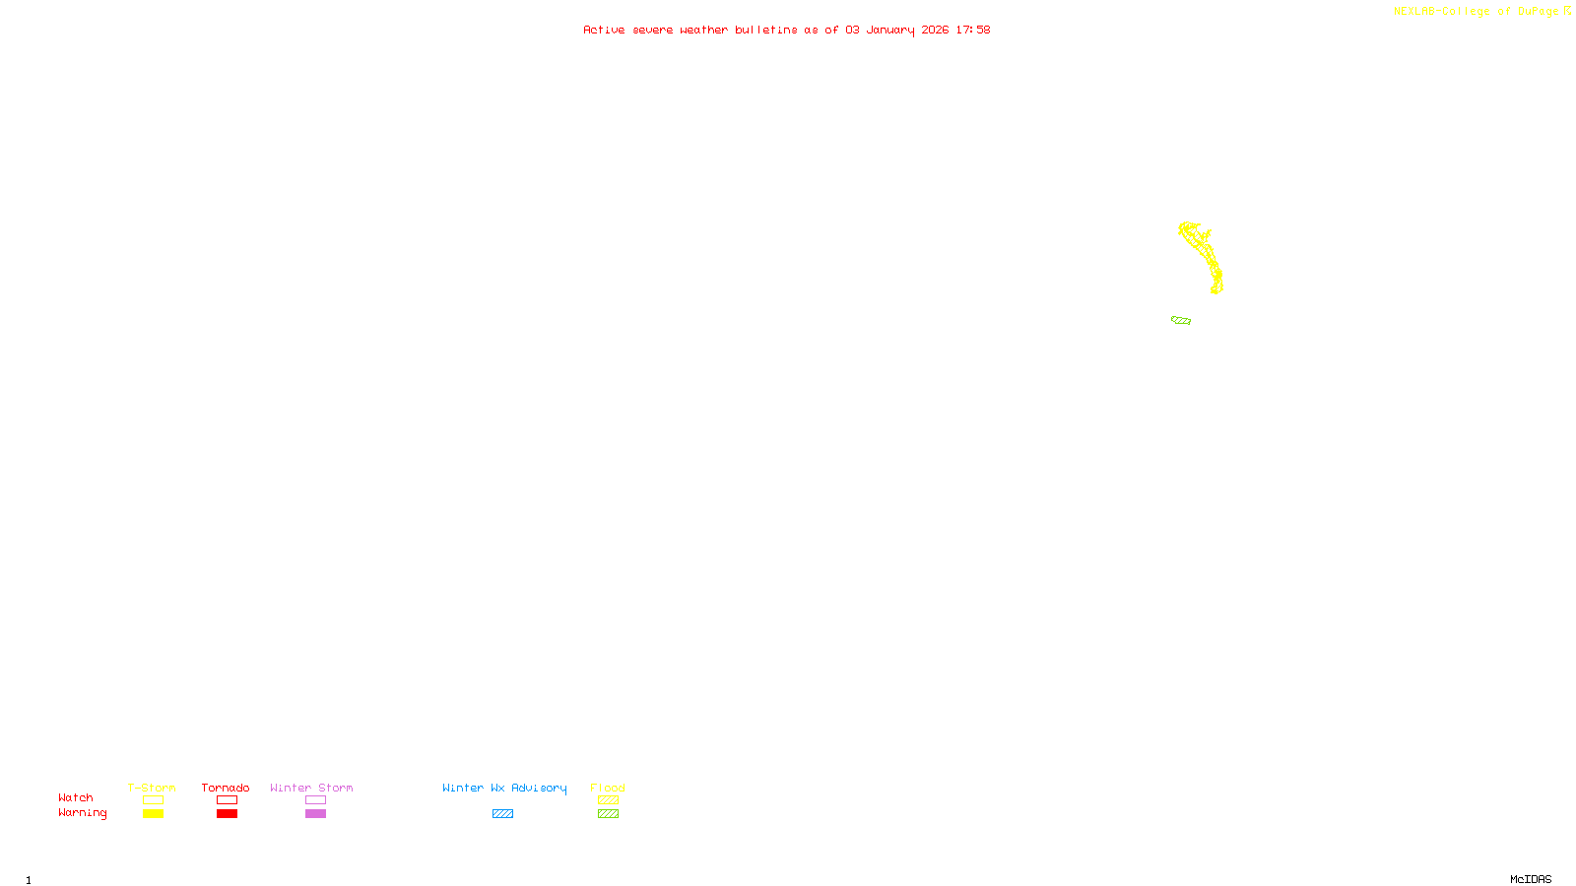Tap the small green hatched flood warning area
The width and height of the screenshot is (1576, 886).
1181,320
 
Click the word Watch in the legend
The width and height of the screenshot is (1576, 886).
76,797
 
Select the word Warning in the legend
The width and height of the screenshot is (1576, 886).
82,813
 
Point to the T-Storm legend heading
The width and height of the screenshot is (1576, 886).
152,788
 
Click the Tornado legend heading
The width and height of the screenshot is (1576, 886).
226,788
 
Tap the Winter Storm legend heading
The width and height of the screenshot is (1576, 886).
311,788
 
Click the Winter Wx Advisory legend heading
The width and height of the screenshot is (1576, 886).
504,788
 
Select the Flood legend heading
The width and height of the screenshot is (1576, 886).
608,788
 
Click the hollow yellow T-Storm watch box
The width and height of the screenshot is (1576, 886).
153,800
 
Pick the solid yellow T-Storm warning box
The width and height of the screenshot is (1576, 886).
153,814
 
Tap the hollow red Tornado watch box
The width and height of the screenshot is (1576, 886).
227,800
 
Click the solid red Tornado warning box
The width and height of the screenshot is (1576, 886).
227,814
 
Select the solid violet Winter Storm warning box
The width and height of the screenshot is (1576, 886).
315,814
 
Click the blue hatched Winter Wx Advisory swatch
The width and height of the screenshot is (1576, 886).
502,814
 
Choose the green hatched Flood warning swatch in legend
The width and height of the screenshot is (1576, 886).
608,814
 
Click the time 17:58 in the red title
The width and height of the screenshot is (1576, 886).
973,30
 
